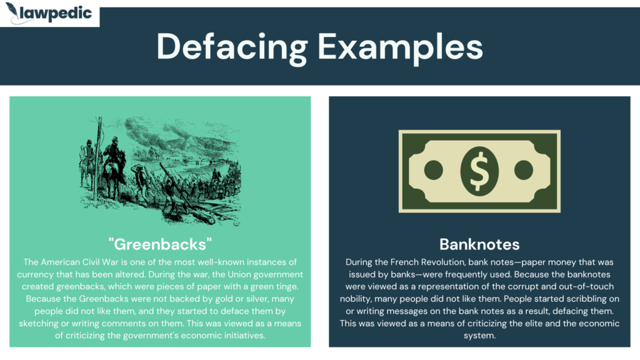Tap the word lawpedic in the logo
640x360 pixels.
[56, 14]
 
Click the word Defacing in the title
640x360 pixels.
[231, 47]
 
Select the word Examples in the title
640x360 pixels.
[400, 47]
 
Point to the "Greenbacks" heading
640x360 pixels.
[160, 244]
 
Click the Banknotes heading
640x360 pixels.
[479, 244]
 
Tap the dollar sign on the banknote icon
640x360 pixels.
[479, 171]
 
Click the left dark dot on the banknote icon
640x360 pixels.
[434, 170]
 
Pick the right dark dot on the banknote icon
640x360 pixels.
[524, 170]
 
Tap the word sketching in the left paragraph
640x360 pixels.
[38, 324]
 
